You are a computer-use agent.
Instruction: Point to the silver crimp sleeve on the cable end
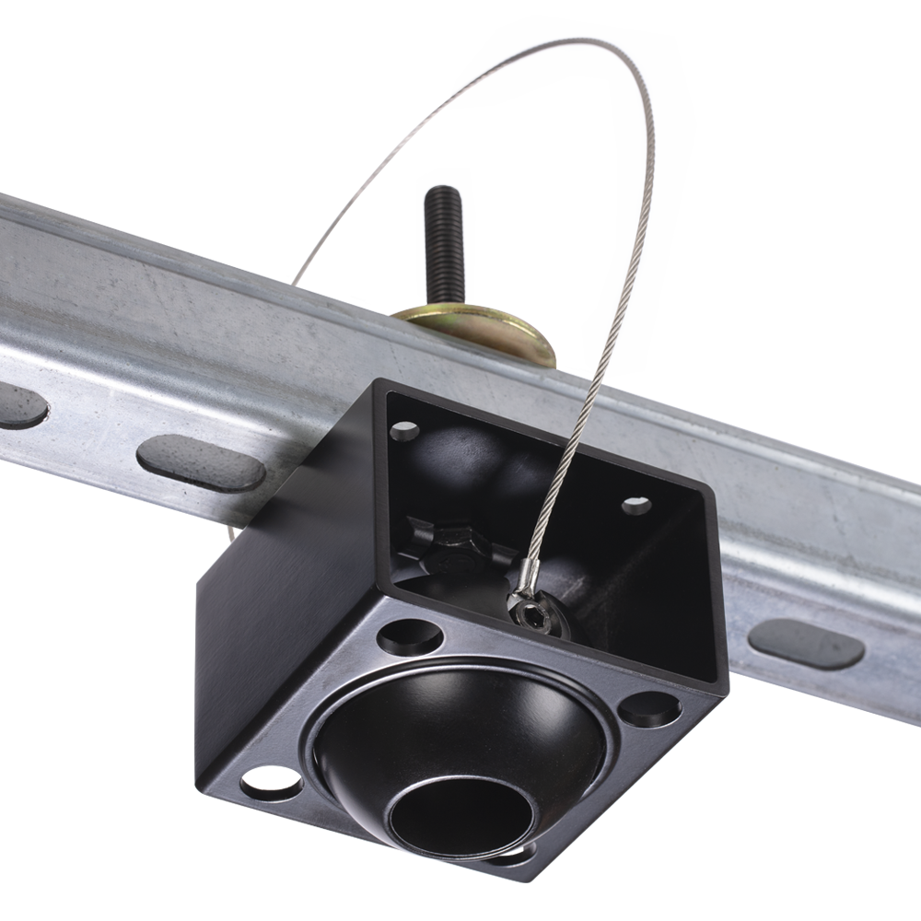coord(527,572)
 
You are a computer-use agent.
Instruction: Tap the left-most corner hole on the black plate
coord(272,784)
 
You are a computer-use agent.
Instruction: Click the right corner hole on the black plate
coord(649,708)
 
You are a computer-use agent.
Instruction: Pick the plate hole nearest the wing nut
coord(410,635)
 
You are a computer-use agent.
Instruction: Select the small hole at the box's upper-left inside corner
coord(404,430)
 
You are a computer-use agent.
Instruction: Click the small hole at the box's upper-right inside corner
coord(635,505)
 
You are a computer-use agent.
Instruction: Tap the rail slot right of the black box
coord(807,643)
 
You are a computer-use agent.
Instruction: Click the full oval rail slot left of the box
coord(201,462)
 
